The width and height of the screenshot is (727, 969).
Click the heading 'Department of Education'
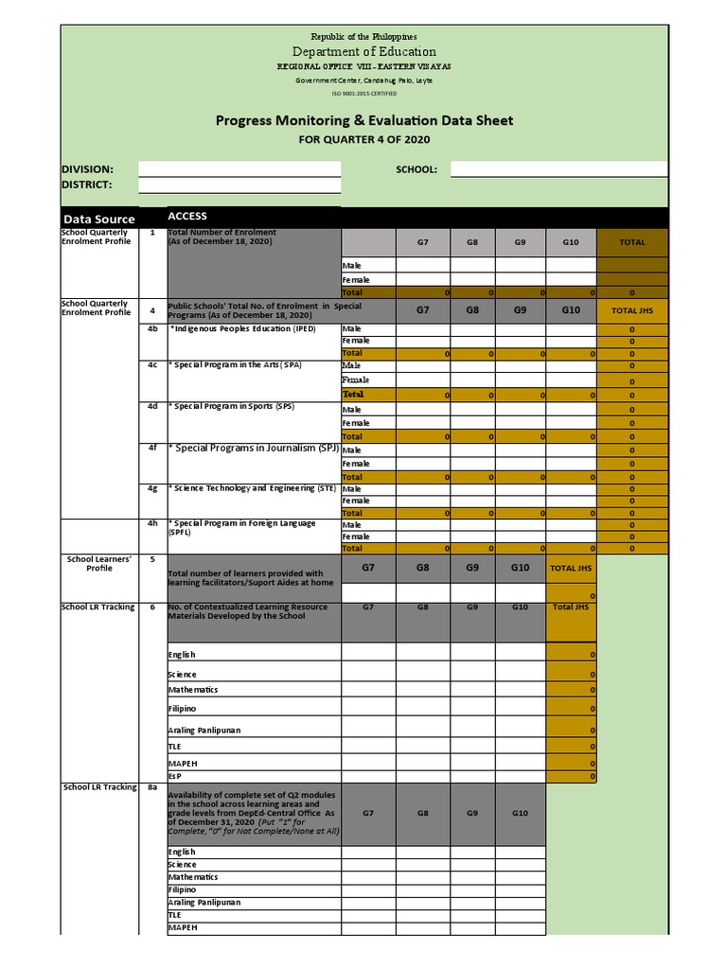pyautogui.click(x=364, y=52)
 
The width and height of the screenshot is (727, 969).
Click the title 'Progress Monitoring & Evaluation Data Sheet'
pyautogui.click(x=364, y=120)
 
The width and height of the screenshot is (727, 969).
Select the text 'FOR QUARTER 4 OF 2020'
pyautogui.click(x=364, y=140)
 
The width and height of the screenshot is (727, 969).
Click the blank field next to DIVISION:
pyautogui.click(x=239, y=168)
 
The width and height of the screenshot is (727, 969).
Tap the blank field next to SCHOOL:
pyautogui.click(x=559, y=168)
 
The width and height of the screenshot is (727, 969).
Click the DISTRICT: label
pyautogui.click(x=87, y=185)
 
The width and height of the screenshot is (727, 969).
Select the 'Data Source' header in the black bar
pyautogui.click(x=99, y=219)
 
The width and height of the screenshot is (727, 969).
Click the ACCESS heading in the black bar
pyautogui.click(x=187, y=217)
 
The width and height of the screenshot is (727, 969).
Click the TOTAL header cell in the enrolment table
pyautogui.click(x=631, y=242)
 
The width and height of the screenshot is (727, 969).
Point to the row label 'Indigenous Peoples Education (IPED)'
pyautogui.click(x=242, y=329)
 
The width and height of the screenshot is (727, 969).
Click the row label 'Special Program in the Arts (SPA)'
pyautogui.click(x=236, y=365)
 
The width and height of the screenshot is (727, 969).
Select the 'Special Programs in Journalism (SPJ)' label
pyautogui.click(x=254, y=448)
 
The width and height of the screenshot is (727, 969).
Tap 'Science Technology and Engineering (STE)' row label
pyautogui.click(x=252, y=488)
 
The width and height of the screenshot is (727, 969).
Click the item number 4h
pyautogui.click(x=152, y=523)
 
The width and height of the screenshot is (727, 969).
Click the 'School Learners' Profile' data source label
pyautogui.click(x=99, y=564)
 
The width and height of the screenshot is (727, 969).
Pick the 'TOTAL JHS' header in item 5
pyautogui.click(x=572, y=568)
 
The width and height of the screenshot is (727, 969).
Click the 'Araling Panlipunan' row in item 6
pyautogui.click(x=205, y=731)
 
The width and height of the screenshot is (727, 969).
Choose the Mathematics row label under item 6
pyautogui.click(x=193, y=690)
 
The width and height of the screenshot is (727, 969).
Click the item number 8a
pyautogui.click(x=152, y=787)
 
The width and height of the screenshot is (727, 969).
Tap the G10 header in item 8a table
pyautogui.click(x=521, y=813)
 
